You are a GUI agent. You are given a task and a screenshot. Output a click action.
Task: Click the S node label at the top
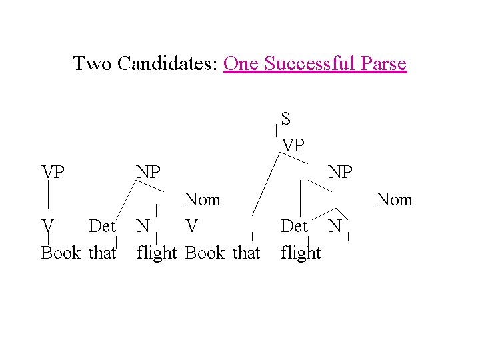(285, 119)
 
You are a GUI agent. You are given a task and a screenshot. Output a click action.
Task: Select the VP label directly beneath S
(293, 145)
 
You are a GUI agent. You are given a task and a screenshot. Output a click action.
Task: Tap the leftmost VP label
(53, 172)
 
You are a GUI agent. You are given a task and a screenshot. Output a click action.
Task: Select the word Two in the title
(92, 64)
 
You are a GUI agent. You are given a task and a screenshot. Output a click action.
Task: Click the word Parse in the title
(382, 64)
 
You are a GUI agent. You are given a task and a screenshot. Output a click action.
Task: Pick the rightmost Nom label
(394, 199)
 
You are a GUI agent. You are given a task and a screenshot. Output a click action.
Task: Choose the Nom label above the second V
(202, 199)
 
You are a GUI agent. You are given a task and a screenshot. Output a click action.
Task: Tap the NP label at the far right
(341, 172)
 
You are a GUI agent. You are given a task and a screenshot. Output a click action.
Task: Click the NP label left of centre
(148, 172)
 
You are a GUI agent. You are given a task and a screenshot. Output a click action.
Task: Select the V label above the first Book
(47, 227)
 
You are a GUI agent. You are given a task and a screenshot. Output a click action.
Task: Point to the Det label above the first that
(102, 227)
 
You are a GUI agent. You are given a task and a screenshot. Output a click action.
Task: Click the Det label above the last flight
(294, 227)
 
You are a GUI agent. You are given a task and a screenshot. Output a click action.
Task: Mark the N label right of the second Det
(335, 227)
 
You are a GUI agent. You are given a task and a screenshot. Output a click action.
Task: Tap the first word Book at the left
(61, 253)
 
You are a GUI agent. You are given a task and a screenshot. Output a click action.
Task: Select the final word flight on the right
(301, 253)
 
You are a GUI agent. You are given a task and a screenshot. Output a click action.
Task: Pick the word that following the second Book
(247, 253)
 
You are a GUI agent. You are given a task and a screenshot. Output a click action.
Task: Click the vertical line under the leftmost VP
(48, 197)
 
